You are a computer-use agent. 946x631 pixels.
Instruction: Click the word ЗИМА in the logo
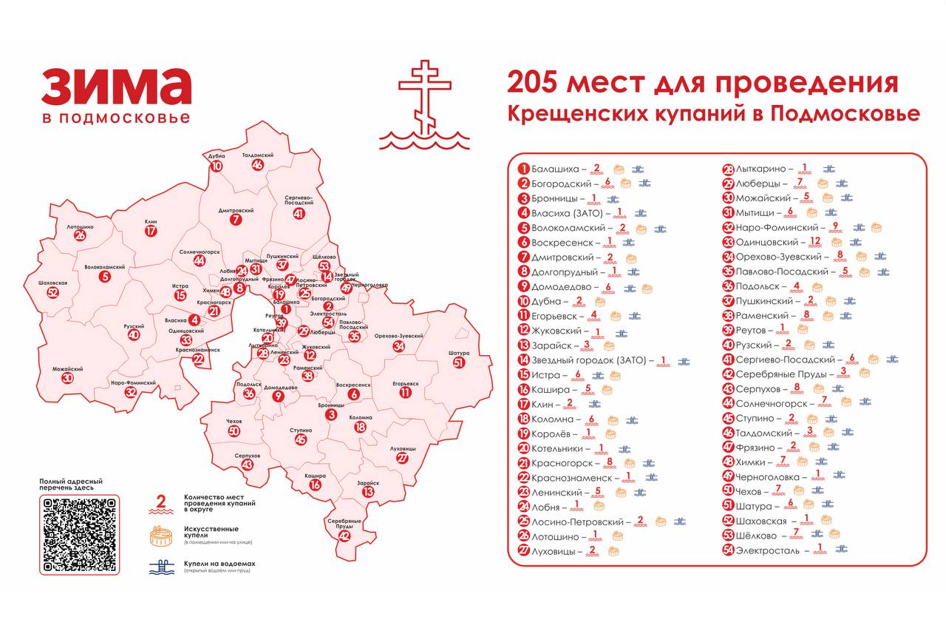click(x=116, y=87)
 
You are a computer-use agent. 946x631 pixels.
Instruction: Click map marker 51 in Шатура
click(x=460, y=362)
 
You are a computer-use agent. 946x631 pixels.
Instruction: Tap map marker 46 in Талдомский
click(x=257, y=165)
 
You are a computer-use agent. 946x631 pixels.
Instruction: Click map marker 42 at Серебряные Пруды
click(x=344, y=536)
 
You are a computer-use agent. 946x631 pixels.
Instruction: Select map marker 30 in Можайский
click(x=68, y=378)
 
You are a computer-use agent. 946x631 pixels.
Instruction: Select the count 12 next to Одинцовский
click(x=815, y=241)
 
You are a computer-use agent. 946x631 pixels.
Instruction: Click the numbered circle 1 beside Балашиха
click(x=523, y=169)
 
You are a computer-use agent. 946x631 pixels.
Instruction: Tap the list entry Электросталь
click(x=766, y=551)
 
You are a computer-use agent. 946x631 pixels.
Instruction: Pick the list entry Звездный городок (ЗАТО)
click(x=589, y=360)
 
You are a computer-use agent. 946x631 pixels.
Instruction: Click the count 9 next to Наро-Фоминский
click(x=835, y=226)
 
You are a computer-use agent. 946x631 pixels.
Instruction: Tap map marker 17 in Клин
click(x=151, y=231)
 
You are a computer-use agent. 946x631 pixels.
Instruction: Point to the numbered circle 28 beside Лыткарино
click(x=728, y=169)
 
